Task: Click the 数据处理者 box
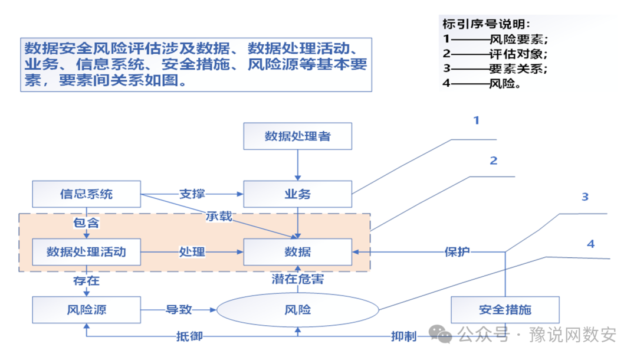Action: pos(298,136)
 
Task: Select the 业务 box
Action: pos(298,194)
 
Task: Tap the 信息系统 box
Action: pos(86,194)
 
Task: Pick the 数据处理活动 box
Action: pos(86,252)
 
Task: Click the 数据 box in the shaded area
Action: pos(298,252)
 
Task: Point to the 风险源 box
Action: pos(86,309)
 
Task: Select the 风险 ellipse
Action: pos(298,309)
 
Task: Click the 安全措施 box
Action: pos(505,309)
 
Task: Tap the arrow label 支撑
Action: pos(192,194)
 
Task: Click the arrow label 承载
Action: pos(219,217)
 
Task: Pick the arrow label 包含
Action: pos(86,223)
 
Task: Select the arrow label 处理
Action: pos(192,252)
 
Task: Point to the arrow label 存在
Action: pos(86,280)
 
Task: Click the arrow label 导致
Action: pos(179,309)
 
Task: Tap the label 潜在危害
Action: pos(298,279)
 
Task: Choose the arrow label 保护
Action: pos(457,252)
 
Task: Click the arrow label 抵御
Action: pos(190,336)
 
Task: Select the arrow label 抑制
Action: pos(403,336)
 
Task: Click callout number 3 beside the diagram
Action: pos(585,197)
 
